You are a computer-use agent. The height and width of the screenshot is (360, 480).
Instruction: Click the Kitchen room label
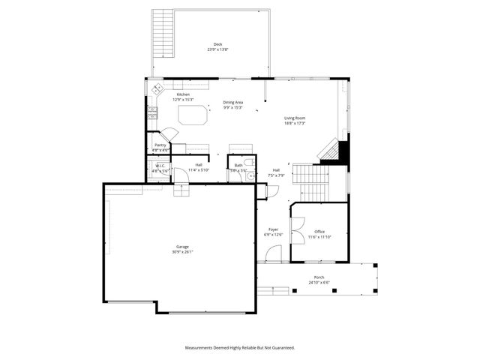(184, 94)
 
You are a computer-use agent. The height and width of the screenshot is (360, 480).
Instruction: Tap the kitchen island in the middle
(193, 115)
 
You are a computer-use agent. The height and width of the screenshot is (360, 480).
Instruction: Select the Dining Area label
(233, 102)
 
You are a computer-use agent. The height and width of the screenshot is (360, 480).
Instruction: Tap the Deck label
(217, 44)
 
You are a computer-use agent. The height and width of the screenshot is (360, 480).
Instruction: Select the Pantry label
(160, 145)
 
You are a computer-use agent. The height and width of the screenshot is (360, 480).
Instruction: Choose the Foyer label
(274, 229)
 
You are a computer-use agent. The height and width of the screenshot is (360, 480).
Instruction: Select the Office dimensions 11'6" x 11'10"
(319, 237)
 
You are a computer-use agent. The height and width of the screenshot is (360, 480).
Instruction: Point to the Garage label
(182, 246)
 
